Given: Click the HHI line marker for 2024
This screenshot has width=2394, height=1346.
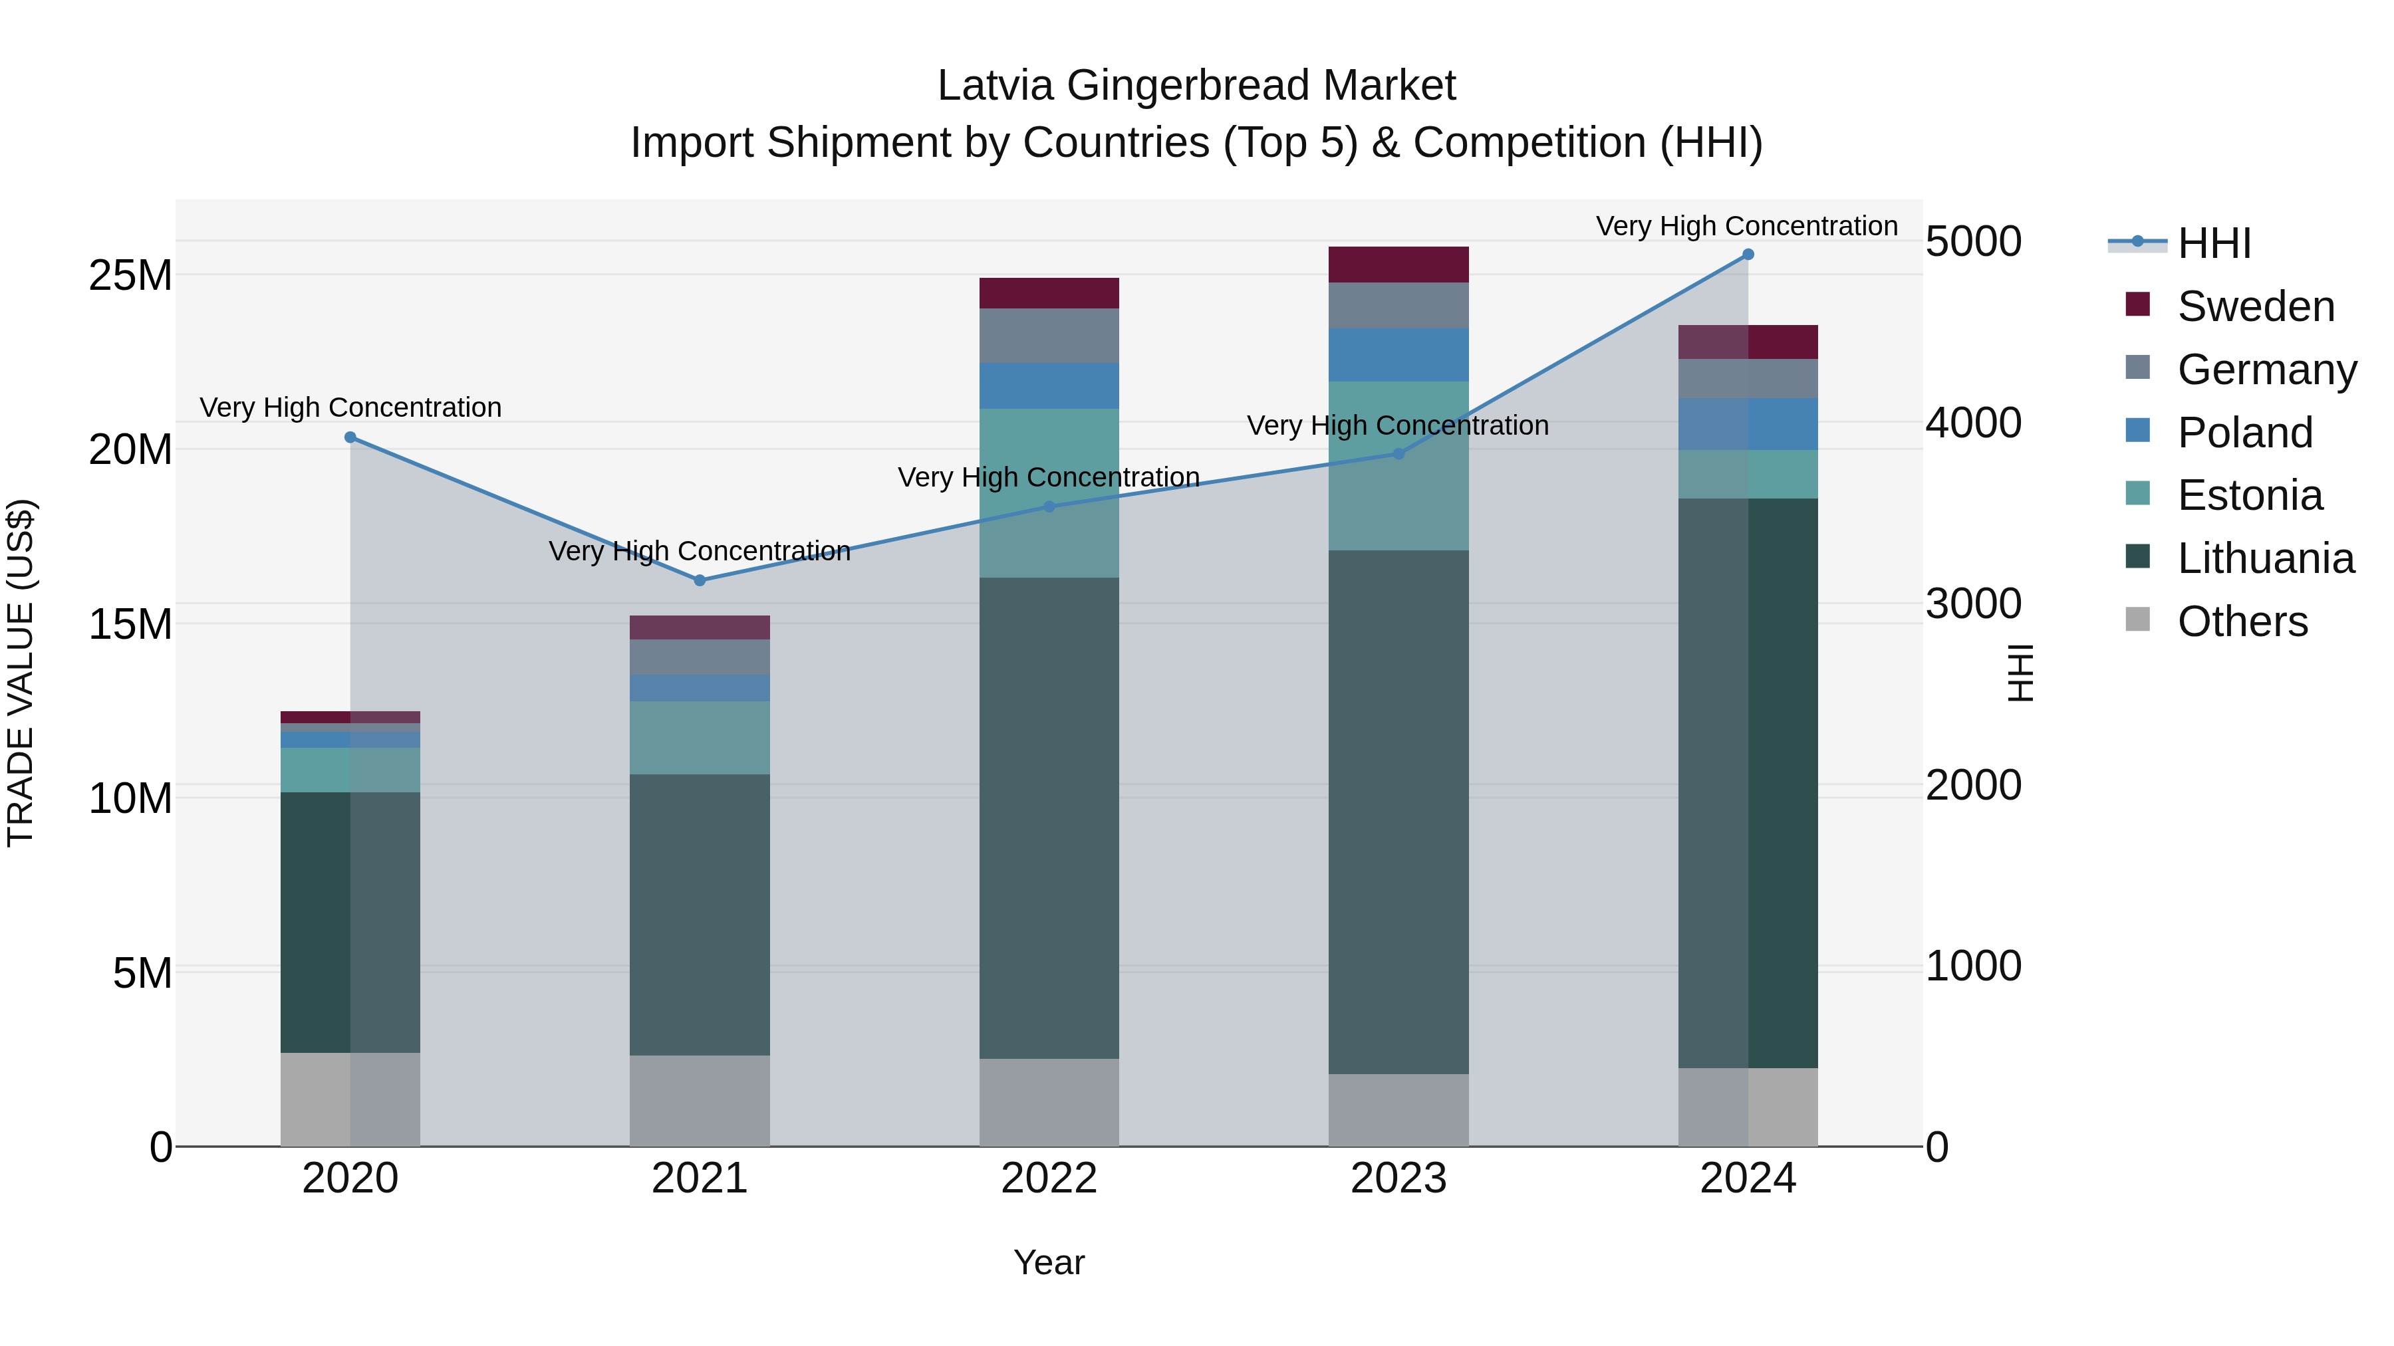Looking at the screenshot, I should pos(1747,255).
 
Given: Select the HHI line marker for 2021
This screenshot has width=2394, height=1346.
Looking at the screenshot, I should pos(700,580).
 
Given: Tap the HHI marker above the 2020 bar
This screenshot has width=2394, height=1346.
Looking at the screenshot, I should pos(350,437).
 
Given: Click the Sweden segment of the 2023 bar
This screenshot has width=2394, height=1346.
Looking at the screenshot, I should pos(1398,265).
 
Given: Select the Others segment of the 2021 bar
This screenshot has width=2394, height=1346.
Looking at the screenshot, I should pos(700,1100).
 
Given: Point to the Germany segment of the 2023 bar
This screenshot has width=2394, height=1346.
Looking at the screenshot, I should pos(1398,306).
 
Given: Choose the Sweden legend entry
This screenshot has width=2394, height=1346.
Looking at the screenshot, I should pos(2256,306).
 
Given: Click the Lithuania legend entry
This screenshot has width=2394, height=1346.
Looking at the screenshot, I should pos(2265,558).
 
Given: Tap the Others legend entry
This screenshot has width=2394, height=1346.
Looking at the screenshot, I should pos(2242,621).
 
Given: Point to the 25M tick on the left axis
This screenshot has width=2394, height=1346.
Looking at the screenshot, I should pos(130,276).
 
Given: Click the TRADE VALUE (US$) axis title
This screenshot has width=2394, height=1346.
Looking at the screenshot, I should pos(21,673).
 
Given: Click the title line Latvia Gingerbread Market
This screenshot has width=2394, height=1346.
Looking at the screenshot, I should pos(1196,86).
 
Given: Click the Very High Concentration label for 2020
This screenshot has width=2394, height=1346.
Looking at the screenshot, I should pos(350,408).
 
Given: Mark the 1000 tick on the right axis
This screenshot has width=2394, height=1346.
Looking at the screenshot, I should pos(1973,966).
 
